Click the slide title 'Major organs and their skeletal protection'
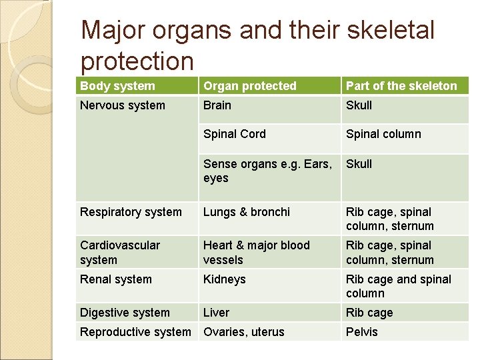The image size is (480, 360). (257, 45)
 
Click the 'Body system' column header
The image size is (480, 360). (117, 86)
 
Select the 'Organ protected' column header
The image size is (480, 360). (250, 86)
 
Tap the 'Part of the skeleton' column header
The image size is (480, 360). (401, 86)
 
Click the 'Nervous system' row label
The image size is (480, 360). (123, 105)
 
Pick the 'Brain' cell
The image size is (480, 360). (217, 105)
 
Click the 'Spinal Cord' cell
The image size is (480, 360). (235, 134)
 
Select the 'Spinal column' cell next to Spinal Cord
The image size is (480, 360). (383, 134)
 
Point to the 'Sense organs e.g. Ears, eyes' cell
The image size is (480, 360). (267, 171)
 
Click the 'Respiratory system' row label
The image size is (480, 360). (131, 212)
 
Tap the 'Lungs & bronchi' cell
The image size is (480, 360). (247, 212)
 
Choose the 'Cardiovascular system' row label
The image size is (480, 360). (120, 253)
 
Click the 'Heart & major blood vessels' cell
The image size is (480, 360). (257, 253)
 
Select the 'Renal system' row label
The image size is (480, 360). (116, 279)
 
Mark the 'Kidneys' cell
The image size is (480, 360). (224, 279)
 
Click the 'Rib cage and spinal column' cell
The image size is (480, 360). (399, 286)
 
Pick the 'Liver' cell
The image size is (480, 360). (216, 313)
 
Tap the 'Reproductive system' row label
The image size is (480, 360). (135, 332)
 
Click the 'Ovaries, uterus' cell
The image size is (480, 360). (244, 332)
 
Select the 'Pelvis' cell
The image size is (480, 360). (361, 332)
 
